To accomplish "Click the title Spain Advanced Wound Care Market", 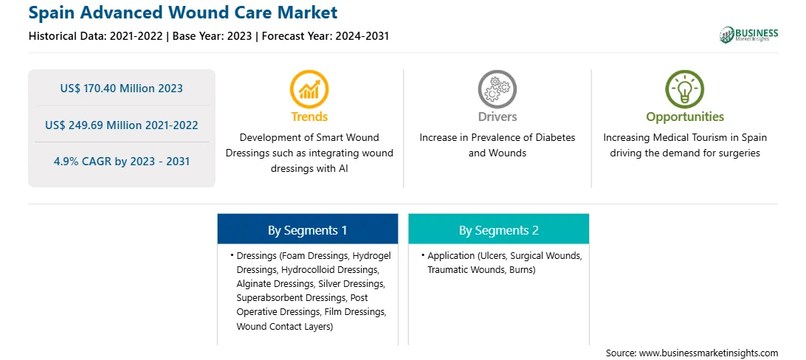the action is pyautogui.click(x=183, y=13).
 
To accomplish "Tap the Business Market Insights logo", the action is pyautogui.click(x=749, y=35).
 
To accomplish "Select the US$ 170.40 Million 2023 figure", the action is pyautogui.click(x=121, y=89).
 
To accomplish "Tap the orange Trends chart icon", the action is pyautogui.click(x=309, y=89).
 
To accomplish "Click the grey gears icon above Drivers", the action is pyautogui.click(x=497, y=89).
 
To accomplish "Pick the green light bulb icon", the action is pyautogui.click(x=685, y=89).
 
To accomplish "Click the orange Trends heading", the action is pyautogui.click(x=309, y=117).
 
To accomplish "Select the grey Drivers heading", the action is pyautogui.click(x=497, y=117).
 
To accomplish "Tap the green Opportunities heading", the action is pyautogui.click(x=685, y=117).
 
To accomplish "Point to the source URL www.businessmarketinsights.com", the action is pyautogui.click(x=709, y=353).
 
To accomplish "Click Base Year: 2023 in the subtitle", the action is pyautogui.click(x=212, y=36).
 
